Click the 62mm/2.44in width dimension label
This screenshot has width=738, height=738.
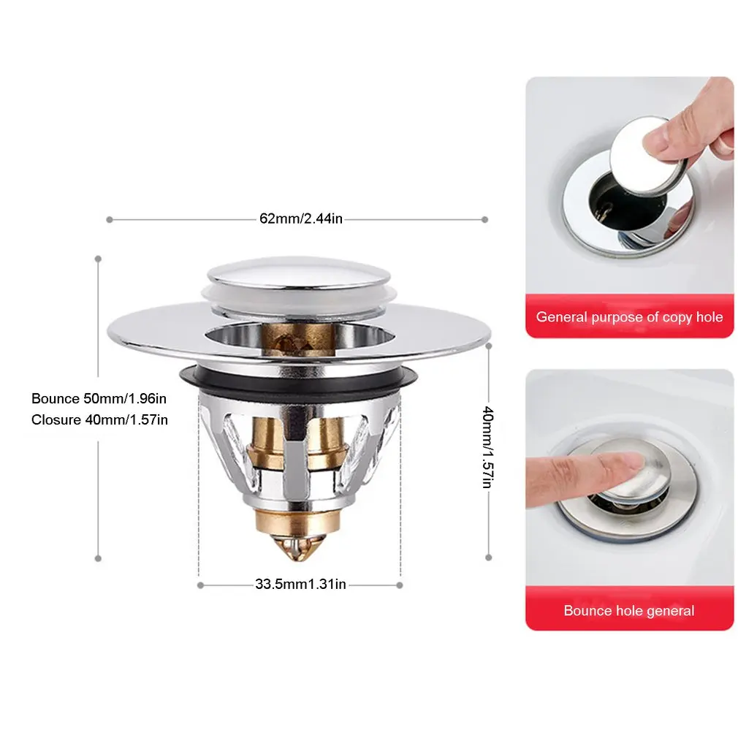pos(300,218)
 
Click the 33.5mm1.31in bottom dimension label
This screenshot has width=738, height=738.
pos(300,585)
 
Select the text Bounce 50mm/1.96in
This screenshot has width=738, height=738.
pos(99,398)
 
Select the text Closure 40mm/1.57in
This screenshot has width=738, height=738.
pos(99,419)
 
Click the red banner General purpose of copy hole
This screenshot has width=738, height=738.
pos(629,317)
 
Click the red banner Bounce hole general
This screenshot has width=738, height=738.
pos(629,610)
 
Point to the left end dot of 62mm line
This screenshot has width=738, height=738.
pos(109,218)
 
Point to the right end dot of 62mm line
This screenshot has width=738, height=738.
pos(485,218)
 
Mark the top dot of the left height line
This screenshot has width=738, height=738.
pos(98,258)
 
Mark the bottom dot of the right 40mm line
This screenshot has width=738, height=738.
pos(488,558)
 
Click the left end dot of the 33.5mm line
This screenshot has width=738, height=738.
pos(200,585)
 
